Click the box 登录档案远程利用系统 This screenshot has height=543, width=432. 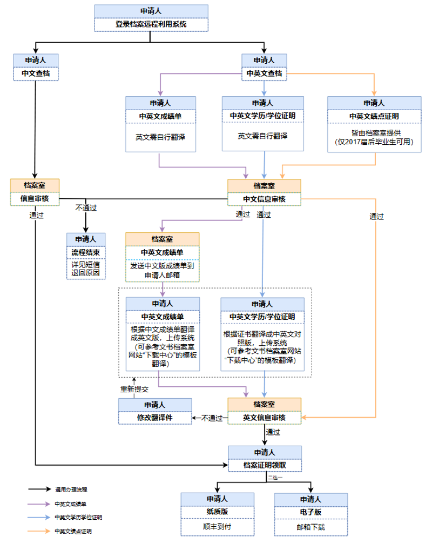tap(151, 24)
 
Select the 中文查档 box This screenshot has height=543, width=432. tap(36, 73)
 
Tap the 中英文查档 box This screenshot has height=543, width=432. tap(264, 73)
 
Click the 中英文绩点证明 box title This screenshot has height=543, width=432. tap(374, 116)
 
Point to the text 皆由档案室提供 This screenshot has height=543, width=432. tap(374, 132)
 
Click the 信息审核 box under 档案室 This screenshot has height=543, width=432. tap(35, 198)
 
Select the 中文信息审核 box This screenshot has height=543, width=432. tap(264, 199)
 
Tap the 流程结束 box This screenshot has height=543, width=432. tap(85, 252)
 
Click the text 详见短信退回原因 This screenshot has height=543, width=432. tap(85, 269)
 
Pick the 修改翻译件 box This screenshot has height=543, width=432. tap(154, 417)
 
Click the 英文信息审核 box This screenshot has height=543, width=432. tap(264, 418)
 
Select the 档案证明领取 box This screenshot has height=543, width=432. tap(264, 465)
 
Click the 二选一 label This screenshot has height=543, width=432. tap(275, 477)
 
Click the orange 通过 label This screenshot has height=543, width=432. tap(376, 217)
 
